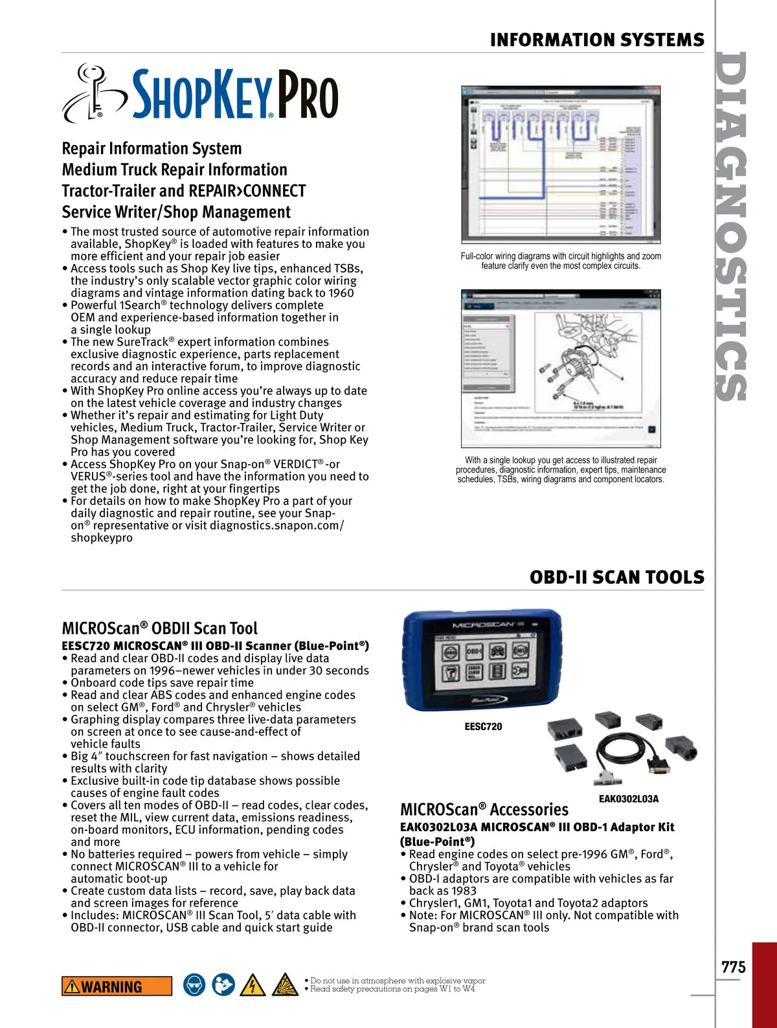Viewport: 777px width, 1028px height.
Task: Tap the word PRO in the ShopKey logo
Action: (x=308, y=96)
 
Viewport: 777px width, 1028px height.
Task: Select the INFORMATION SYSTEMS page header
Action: (x=596, y=40)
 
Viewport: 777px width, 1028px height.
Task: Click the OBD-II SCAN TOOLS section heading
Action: (x=616, y=577)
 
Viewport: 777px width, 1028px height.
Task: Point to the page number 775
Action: (x=734, y=967)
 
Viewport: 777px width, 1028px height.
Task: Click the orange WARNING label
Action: (x=117, y=987)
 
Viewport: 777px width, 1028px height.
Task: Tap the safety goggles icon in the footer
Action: (x=194, y=985)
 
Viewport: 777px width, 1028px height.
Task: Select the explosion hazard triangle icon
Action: (x=285, y=985)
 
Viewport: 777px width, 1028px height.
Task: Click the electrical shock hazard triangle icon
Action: (x=253, y=985)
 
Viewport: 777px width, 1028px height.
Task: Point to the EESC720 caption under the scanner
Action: (x=483, y=726)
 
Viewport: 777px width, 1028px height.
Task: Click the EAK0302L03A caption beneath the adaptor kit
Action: (x=628, y=799)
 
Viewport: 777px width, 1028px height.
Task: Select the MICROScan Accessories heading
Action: (x=484, y=809)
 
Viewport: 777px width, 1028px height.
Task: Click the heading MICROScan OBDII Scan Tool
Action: (x=159, y=628)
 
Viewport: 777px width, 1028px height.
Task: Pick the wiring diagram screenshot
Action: (x=561, y=164)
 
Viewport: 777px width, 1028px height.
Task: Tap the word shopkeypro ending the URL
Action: (x=102, y=538)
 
